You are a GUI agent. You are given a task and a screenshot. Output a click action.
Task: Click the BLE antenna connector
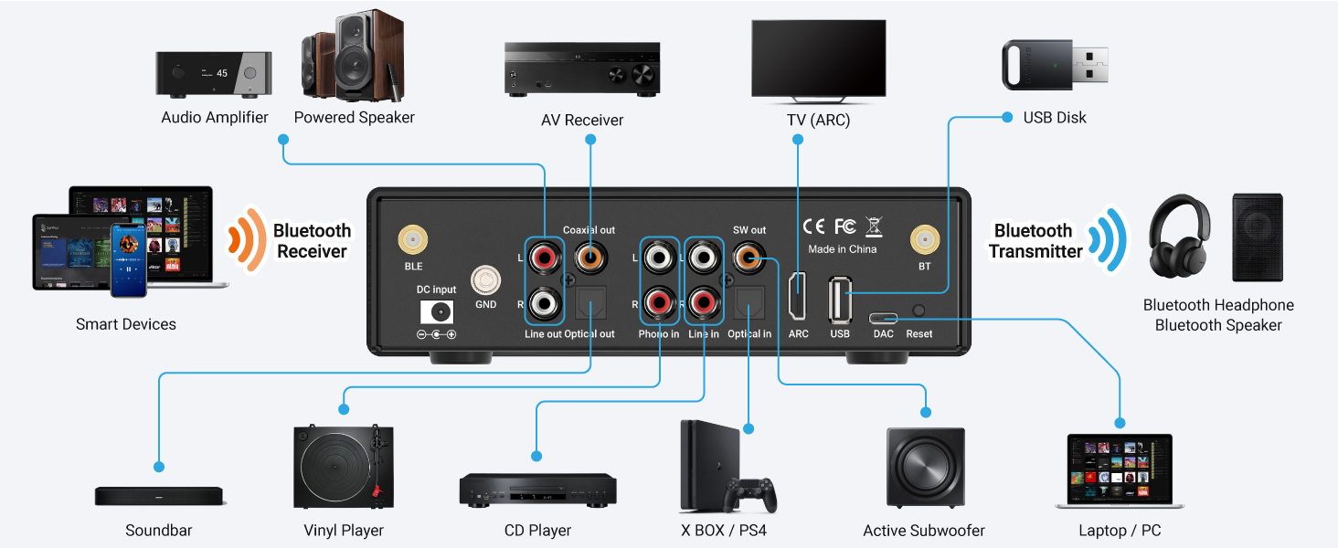click(x=413, y=241)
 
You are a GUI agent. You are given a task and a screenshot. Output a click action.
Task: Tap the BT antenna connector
click(x=924, y=241)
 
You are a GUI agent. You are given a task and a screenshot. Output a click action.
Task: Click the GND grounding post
click(x=485, y=279)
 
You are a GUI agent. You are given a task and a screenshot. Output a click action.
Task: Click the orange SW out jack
click(x=749, y=259)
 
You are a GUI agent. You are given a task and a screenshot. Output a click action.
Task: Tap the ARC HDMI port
click(x=798, y=298)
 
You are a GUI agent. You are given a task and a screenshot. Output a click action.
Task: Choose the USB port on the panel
click(x=840, y=299)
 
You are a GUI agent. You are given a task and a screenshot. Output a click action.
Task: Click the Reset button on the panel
click(x=919, y=311)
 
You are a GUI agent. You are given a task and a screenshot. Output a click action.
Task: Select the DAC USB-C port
click(x=883, y=318)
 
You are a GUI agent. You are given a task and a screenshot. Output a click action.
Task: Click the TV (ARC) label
click(x=818, y=120)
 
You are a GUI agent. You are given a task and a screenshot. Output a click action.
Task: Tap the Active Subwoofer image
click(x=924, y=467)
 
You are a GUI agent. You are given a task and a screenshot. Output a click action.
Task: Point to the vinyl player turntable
click(x=344, y=468)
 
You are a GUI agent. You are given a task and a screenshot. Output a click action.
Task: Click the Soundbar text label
click(x=159, y=531)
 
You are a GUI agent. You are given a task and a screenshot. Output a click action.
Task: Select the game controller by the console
click(x=751, y=494)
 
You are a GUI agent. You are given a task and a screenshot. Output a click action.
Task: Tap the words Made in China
click(x=842, y=249)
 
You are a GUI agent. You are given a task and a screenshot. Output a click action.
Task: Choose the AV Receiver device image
click(x=582, y=69)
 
